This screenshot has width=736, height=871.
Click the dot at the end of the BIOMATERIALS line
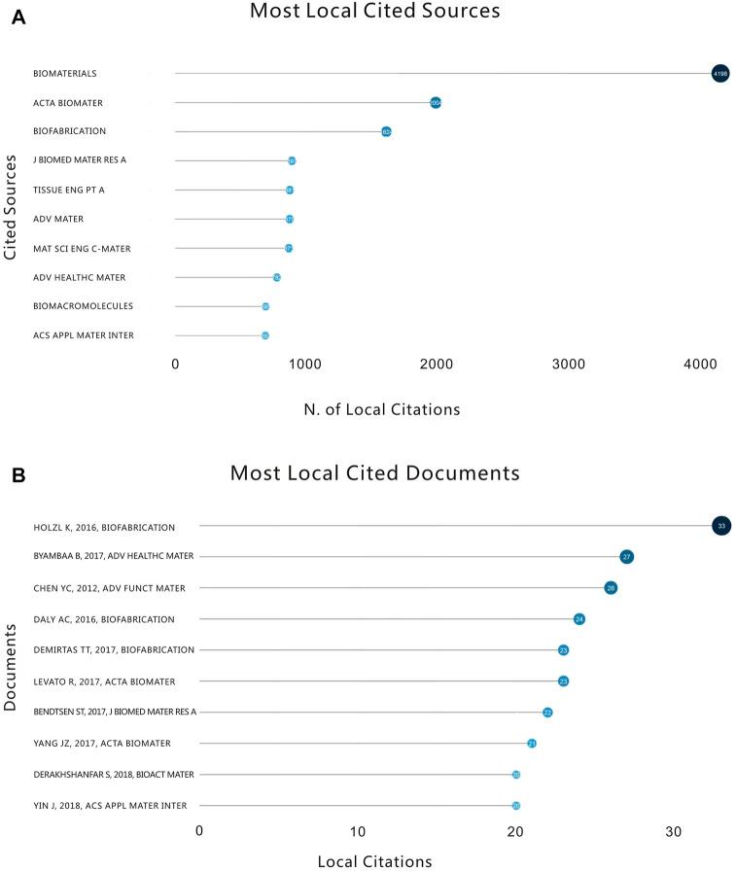(719, 73)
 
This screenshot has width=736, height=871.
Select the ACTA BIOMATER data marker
(436, 102)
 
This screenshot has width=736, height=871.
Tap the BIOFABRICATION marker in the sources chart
(386, 131)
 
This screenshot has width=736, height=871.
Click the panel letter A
(17, 17)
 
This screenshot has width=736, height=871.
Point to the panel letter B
(17, 476)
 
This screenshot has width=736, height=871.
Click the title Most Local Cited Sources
(374, 13)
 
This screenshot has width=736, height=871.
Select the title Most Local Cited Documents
(374, 473)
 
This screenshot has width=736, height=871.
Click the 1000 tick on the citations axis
(305, 365)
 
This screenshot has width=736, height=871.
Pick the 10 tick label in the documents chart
(357, 831)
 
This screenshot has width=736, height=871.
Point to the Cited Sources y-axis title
(12, 204)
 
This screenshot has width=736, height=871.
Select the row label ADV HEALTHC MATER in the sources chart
(79, 277)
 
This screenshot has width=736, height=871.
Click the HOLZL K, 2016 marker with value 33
(720, 526)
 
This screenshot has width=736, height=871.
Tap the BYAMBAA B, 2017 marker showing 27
(627, 556)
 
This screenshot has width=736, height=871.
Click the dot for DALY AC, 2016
(579, 618)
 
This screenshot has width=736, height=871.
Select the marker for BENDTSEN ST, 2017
(547, 712)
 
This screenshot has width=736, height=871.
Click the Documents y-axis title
(12, 668)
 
